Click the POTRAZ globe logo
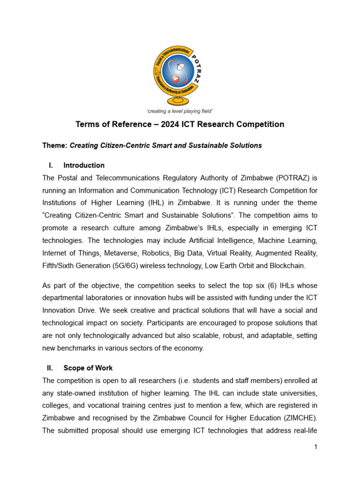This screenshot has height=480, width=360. click(x=180, y=75)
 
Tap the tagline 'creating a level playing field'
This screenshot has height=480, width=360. click(x=180, y=111)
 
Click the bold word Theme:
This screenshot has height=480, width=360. click(x=55, y=145)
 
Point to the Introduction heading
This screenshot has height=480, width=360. click(x=84, y=165)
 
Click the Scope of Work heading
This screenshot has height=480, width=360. click(x=88, y=368)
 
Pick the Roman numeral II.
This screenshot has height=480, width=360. click(x=51, y=368)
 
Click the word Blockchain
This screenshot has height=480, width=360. click(x=288, y=266)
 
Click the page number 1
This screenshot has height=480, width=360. click(x=316, y=447)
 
